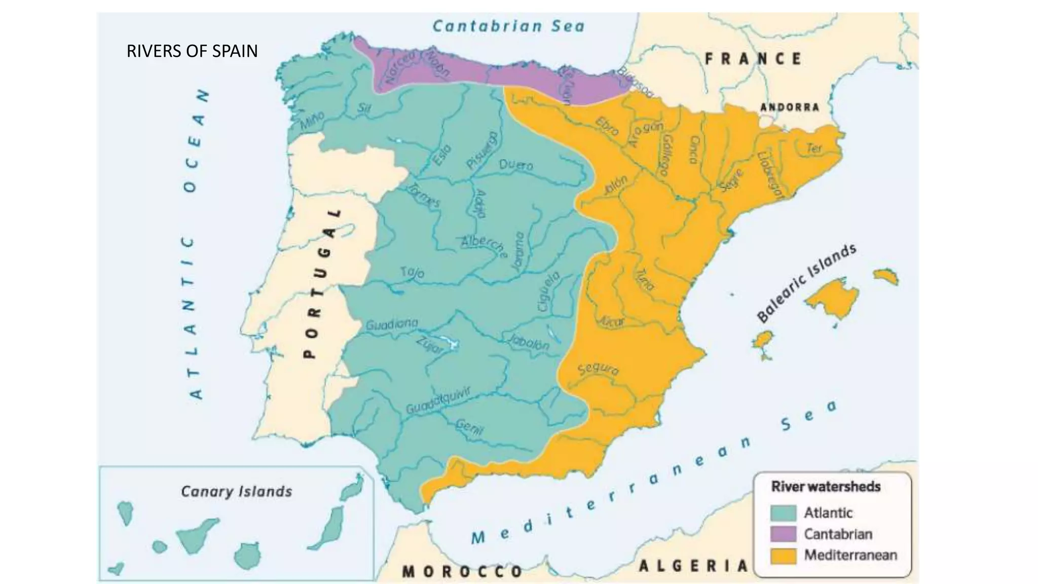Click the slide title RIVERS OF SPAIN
(x=192, y=51)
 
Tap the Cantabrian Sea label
(x=508, y=26)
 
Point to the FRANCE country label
(x=754, y=59)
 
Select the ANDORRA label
(x=790, y=107)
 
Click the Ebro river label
(x=607, y=126)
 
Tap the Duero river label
(x=516, y=165)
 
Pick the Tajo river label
(x=412, y=272)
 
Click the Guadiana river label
(x=392, y=323)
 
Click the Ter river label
(x=814, y=148)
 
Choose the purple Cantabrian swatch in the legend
(x=783, y=534)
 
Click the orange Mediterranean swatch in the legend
(x=783, y=555)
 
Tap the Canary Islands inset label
(x=236, y=491)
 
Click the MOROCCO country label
(x=462, y=572)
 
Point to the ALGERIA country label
(x=693, y=565)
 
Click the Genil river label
(x=469, y=427)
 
